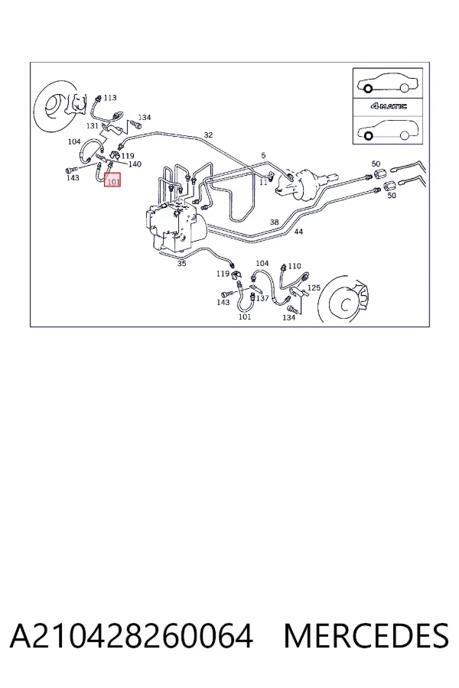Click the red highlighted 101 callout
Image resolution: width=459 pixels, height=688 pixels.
pyautogui.click(x=112, y=180)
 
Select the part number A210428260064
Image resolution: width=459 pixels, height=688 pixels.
pyautogui.click(x=132, y=636)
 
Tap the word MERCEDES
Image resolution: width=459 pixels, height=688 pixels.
pyautogui.click(x=366, y=636)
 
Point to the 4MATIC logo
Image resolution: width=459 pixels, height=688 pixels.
pyautogui.click(x=389, y=105)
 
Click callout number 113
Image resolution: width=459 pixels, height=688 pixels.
pyautogui.click(x=110, y=97)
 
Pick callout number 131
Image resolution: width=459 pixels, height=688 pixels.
pyautogui.click(x=93, y=125)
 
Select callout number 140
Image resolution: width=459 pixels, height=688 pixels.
pyautogui.click(x=135, y=164)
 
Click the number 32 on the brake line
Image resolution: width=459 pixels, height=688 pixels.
pyautogui.click(x=208, y=135)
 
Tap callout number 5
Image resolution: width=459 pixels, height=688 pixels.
pyautogui.click(x=263, y=155)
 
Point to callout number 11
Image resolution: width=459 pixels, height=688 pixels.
pyautogui.click(x=263, y=182)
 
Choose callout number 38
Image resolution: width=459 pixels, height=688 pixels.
pyautogui.click(x=274, y=222)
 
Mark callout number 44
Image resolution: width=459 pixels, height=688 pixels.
pyautogui.click(x=298, y=231)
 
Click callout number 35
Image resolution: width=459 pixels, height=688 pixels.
pyautogui.click(x=181, y=263)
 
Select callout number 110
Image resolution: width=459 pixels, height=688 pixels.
pyautogui.click(x=295, y=265)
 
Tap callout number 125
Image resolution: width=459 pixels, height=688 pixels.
pyautogui.click(x=314, y=287)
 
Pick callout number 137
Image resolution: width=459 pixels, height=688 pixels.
pyautogui.click(x=262, y=298)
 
